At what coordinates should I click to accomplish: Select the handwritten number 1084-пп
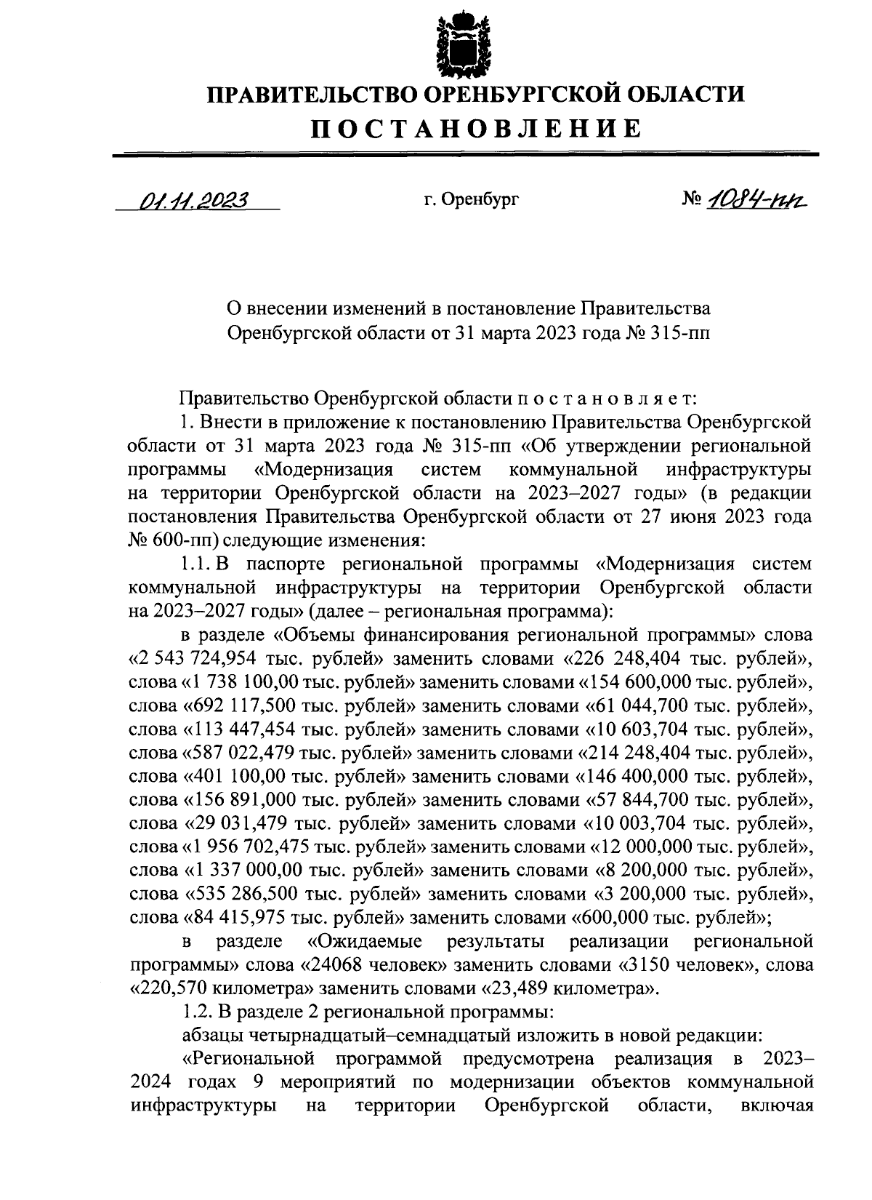point(758,198)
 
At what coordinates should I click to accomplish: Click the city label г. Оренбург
point(472,199)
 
